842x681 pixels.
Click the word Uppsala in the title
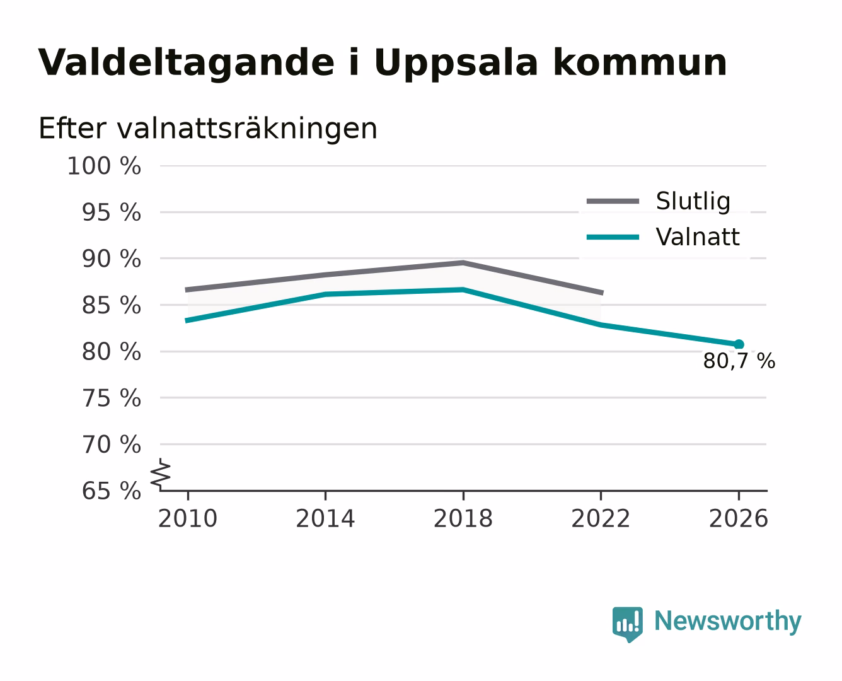456,63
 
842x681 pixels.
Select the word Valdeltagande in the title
186,63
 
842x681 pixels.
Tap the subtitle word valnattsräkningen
247,129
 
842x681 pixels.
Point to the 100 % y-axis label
104,166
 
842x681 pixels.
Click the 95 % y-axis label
111,212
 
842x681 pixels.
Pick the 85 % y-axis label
111,305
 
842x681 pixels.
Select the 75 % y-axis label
111,398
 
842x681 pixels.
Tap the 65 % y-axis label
111,491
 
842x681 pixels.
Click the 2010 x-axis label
188,518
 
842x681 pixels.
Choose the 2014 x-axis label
325,518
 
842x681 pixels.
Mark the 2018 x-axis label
463,518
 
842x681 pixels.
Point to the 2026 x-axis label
739,518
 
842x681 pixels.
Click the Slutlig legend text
693,201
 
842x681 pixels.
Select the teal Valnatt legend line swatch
613,237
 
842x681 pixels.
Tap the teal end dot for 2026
739,344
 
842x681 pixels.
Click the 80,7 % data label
739,361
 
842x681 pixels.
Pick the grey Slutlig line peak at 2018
463,262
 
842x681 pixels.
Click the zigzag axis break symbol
161,475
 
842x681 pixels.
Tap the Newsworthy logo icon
627,624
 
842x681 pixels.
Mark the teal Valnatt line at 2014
325,294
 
